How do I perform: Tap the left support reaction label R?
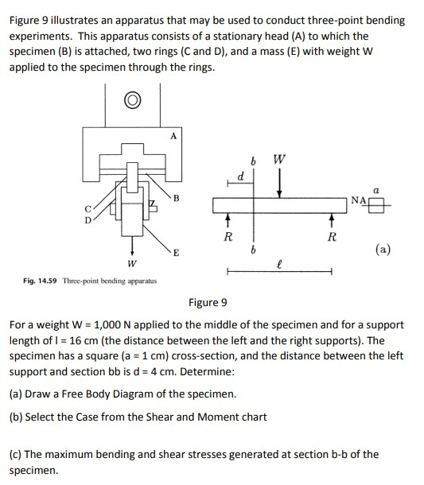tap(228, 235)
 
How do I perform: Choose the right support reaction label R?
tap(332, 236)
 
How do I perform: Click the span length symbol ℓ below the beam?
tap(279, 258)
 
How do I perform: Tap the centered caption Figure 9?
tap(208, 302)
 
